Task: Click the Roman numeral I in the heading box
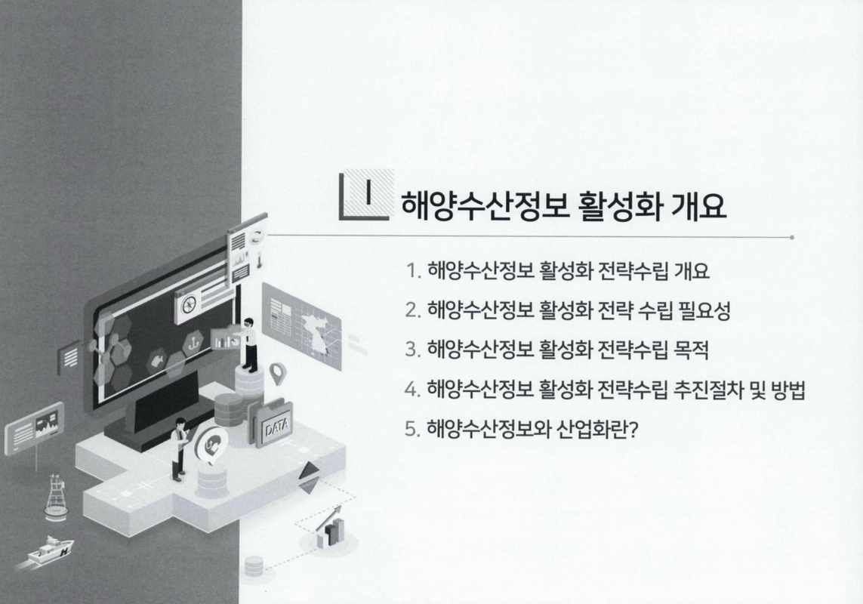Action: tap(368, 193)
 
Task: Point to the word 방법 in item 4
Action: tap(787, 390)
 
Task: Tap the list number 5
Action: tap(411, 430)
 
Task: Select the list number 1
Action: tap(411, 270)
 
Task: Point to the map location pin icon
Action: tap(279, 372)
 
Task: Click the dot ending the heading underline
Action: tap(791, 237)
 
